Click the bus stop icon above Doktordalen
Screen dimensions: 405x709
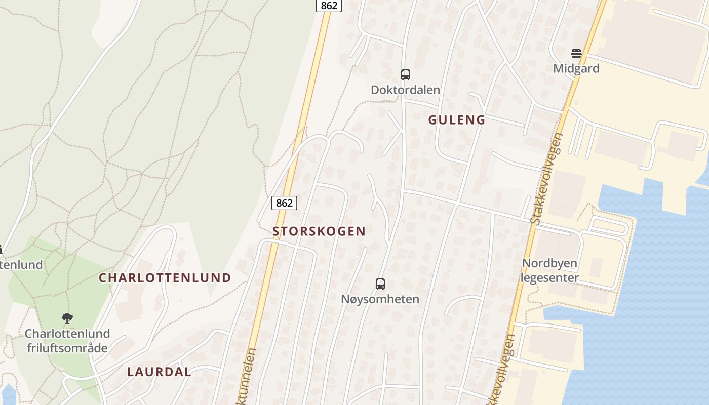pyautogui.click(x=405, y=75)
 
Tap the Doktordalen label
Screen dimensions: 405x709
pyautogui.click(x=405, y=90)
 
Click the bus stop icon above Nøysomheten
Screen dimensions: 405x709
pyautogui.click(x=380, y=284)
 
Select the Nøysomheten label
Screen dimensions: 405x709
pyautogui.click(x=380, y=299)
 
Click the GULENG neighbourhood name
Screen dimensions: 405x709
pyautogui.click(x=457, y=120)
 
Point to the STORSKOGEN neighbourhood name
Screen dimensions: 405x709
pyautogui.click(x=319, y=231)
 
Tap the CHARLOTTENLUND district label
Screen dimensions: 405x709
pyautogui.click(x=165, y=278)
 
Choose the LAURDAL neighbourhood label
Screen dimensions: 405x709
pyautogui.click(x=159, y=372)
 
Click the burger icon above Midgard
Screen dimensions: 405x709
pyautogui.click(x=576, y=53)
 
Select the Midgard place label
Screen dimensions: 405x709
pyautogui.click(x=576, y=68)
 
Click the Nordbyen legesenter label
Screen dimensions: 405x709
pyautogui.click(x=550, y=271)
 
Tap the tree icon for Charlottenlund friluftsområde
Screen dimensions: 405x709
pyautogui.click(x=67, y=318)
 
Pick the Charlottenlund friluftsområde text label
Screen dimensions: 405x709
pyautogui.click(x=67, y=341)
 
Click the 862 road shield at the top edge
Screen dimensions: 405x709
pyautogui.click(x=329, y=6)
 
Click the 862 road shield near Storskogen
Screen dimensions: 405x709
pyautogui.click(x=284, y=203)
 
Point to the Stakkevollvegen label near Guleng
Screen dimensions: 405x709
pyautogui.click(x=546, y=178)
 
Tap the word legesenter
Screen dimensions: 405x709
pyautogui.click(x=550, y=278)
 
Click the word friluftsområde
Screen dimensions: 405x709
pyautogui.click(x=67, y=348)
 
